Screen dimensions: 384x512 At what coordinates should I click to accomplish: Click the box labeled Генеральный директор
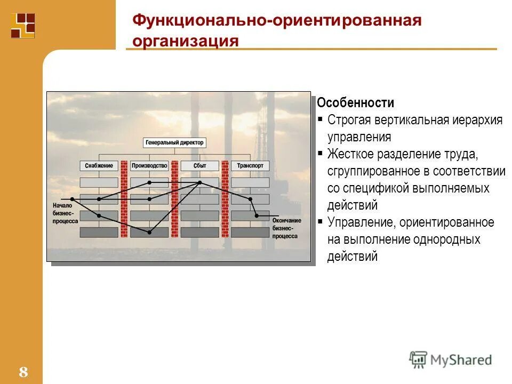coord(174,143)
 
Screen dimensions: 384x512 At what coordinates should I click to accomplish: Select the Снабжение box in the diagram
coord(99,166)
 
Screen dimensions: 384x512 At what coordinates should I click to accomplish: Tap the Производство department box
coord(149,166)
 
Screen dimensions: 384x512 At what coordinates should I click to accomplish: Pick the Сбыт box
coord(199,166)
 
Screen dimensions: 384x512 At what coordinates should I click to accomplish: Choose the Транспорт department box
coord(250,166)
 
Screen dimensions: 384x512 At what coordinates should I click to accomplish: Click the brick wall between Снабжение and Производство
coord(124,198)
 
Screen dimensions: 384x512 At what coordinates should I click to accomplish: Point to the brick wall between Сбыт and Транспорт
coord(225,198)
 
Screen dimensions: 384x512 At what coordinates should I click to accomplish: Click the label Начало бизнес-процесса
coord(65,212)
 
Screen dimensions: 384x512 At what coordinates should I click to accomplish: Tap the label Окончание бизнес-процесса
coord(286,228)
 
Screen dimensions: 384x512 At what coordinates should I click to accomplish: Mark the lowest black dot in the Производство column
coord(149,232)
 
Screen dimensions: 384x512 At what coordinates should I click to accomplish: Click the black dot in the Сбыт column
coord(200,182)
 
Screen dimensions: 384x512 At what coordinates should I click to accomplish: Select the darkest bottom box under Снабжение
coord(99,232)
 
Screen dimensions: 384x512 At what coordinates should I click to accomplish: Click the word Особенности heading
coord(355,103)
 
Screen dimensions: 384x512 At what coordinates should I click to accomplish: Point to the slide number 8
coord(23,372)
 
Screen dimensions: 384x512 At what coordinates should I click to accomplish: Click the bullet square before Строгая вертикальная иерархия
coord(320,119)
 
